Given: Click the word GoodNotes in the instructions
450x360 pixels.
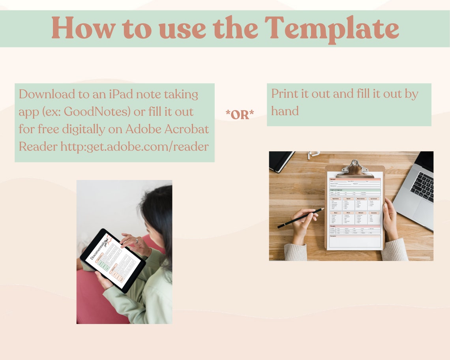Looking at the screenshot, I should pyautogui.click(x=97, y=112).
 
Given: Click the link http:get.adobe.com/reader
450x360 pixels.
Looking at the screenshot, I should pyautogui.click(x=135, y=146).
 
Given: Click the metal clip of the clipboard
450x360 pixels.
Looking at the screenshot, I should pyautogui.click(x=354, y=167).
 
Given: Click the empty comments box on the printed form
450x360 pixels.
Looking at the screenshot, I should pyautogui.click(x=355, y=242).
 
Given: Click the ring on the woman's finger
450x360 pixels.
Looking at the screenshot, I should pyautogui.click(x=137, y=240).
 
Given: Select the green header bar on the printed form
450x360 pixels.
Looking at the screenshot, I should pyautogui.click(x=354, y=190).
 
